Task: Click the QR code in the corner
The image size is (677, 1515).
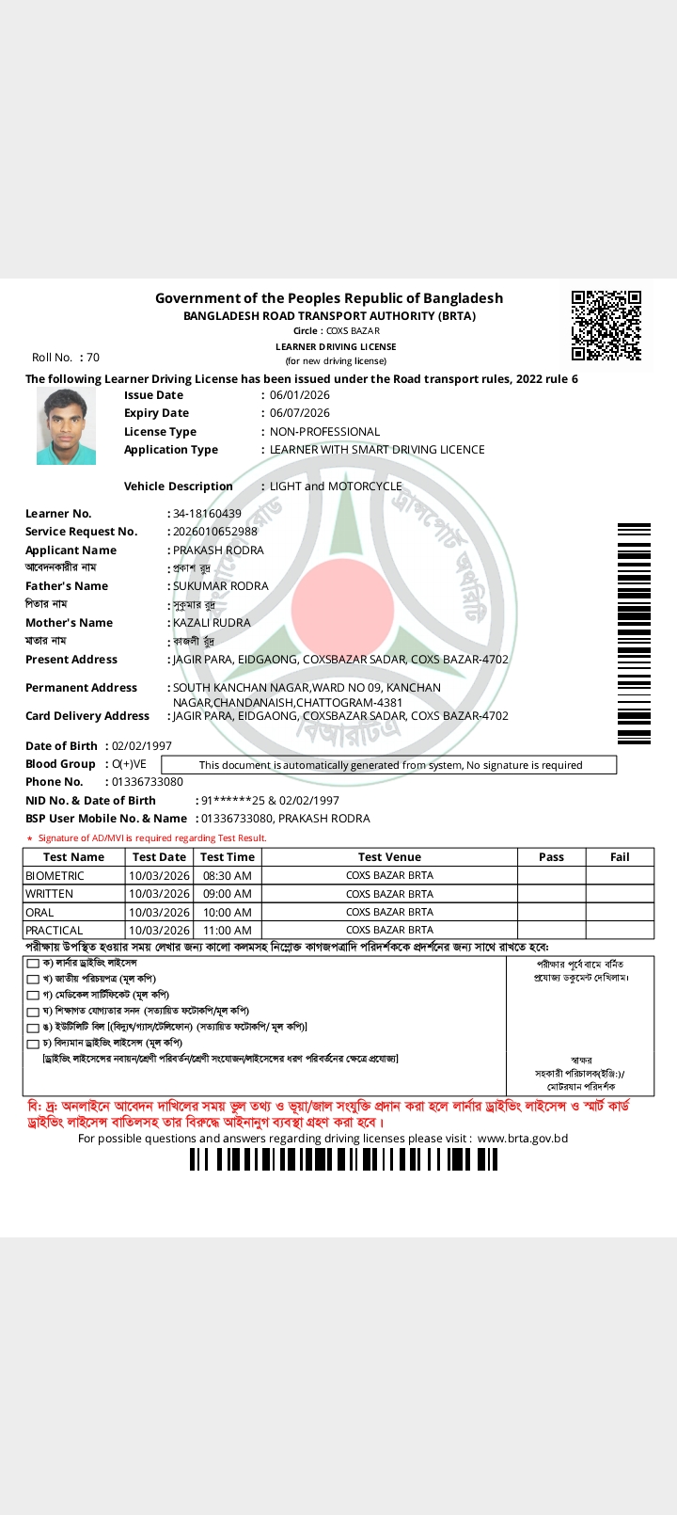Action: [x=606, y=326]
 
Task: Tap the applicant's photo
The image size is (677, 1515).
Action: [x=66, y=427]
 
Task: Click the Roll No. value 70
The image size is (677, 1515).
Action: [x=93, y=358]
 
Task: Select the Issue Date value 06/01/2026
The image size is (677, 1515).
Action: [x=299, y=395]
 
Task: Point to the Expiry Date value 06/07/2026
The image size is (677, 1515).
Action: [x=299, y=413]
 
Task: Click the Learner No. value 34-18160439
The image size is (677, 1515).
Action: [x=207, y=514]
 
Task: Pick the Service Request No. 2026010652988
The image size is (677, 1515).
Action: [x=214, y=532]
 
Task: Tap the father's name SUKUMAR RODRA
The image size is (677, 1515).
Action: [x=220, y=586]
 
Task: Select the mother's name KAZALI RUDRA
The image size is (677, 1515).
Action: [x=212, y=623]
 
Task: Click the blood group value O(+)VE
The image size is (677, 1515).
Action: [x=129, y=764]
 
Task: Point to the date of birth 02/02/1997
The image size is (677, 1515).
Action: [x=142, y=746]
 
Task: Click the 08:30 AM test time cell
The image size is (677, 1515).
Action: [x=228, y=876]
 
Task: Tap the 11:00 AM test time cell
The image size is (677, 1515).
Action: [x=228, y=931]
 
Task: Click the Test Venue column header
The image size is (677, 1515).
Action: [x=389, y=857]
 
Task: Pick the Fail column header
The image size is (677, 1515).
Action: [x=620, y=857]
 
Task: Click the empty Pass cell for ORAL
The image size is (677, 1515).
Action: [x=551, y=912]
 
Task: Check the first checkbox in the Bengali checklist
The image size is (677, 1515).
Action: [x=33, y=964]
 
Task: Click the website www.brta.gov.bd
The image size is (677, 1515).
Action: [x=523, y=1139]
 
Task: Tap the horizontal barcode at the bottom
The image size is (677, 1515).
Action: [x=343, y=1159]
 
